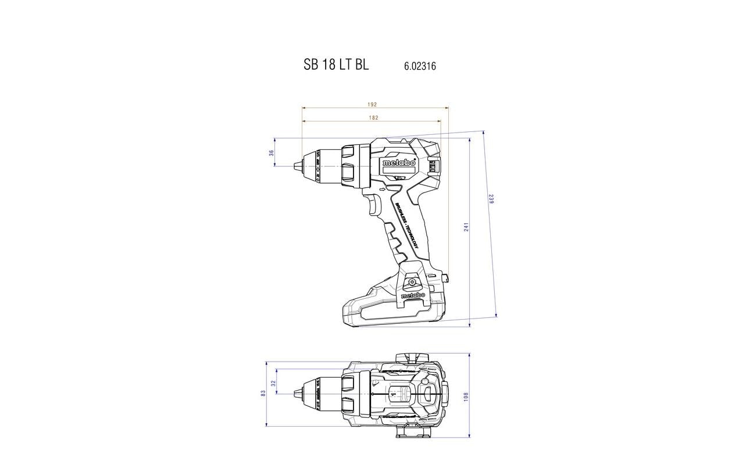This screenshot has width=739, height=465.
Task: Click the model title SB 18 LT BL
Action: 335,65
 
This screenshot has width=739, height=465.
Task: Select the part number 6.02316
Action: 420,66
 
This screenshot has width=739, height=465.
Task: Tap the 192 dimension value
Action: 372,105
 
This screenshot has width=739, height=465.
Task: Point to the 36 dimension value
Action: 271,153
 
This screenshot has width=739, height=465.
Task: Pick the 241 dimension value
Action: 466,227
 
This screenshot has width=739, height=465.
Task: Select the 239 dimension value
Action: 491,199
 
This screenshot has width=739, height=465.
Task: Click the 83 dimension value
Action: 263,394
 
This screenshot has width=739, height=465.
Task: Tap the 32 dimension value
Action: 273,384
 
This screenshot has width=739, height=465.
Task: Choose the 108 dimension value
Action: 466,395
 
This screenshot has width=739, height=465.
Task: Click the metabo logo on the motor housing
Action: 399,163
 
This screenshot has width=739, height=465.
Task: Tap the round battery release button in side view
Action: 412,282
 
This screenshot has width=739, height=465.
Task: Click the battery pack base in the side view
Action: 390,314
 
